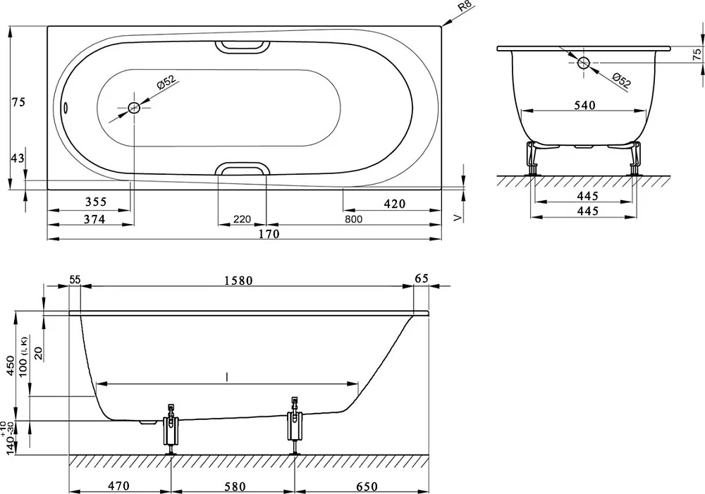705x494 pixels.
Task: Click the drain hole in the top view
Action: [134, 108]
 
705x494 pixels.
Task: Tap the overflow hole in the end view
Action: [584, 63]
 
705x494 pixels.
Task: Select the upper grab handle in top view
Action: [242, 47]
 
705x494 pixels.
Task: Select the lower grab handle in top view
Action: [242, 168]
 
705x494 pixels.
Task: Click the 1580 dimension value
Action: [238, 281]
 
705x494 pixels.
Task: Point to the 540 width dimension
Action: [584, 105]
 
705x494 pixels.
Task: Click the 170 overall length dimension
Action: [269, 234]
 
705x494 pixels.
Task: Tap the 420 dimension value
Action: [395, 204]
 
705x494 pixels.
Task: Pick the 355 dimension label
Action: [96, 202]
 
